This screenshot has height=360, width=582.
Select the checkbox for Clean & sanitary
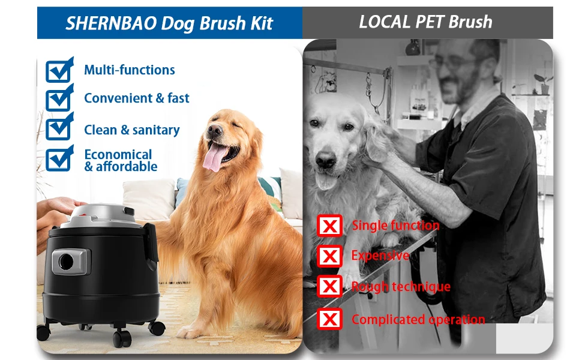[x=59, y=129]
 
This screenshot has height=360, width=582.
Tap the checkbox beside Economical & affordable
[x=59, y=159]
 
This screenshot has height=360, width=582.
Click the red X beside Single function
[x=329, y=226]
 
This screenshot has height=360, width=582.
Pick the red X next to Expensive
[x=329, y=256]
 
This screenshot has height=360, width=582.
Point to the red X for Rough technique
[x=329, y=287]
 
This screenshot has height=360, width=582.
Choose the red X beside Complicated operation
[x=329, y=319]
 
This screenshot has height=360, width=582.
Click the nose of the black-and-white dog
[x=326, y=161]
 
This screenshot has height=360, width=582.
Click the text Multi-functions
[x=129, y=70]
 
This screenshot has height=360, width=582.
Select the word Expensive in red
[x=380, y=256]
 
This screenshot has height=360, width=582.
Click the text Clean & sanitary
[x=131, y=130]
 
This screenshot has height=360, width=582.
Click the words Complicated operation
[x=418, y=319]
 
